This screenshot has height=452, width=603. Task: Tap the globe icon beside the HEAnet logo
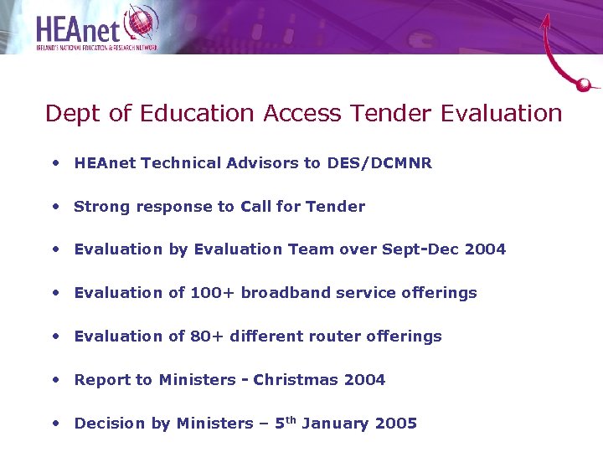(140, 23)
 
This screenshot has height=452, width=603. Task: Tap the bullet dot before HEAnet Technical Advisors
(55, 163)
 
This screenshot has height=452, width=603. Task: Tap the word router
(343, 336)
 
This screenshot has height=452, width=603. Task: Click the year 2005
(396, 424)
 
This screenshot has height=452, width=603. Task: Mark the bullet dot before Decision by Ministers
(55, 424)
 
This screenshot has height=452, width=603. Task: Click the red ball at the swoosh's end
(585, 84)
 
